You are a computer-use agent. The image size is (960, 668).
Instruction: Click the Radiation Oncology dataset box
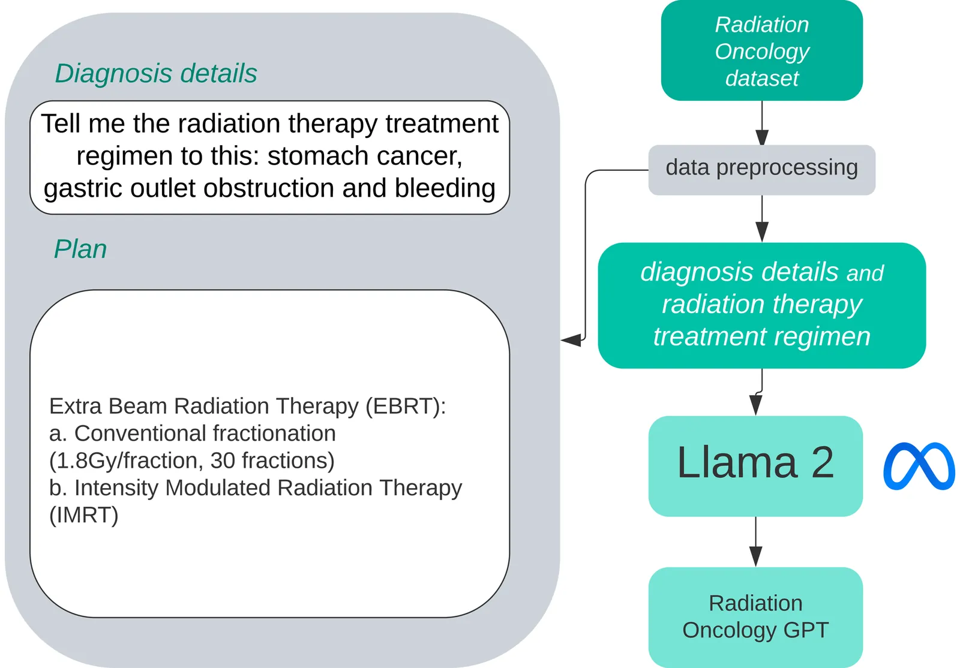tap(761, 51)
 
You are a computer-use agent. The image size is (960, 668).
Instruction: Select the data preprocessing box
tap(761, 168)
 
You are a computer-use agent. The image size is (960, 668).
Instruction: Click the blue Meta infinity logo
tap(919, 466)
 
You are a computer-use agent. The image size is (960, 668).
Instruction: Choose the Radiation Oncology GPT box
tap(755, 616)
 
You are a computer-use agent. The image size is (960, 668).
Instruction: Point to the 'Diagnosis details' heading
tap(156, 74)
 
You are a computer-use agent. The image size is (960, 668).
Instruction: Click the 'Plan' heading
tap(80, 249)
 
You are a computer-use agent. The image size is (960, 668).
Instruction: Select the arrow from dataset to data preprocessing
tap(762, 124)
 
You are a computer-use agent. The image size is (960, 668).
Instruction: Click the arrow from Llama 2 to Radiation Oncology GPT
tap(756, 542)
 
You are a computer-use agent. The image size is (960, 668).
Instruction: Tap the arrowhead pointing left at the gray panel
tap(571, 341)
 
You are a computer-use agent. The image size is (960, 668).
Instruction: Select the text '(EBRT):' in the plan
tap(406, 406)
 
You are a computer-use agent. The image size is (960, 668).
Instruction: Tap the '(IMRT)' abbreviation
tap(84, 515)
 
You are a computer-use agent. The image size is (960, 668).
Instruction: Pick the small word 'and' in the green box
tap(865, 273)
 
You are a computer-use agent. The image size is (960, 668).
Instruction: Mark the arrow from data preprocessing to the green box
tap(762, 219)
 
